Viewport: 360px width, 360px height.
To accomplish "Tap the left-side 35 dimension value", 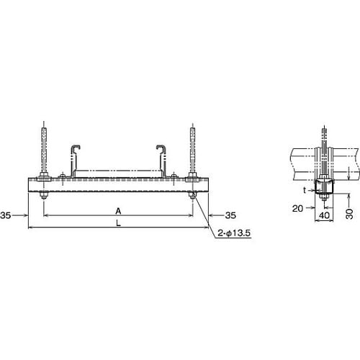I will coord(6,215).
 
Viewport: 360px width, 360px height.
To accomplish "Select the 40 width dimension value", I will coord(324,215).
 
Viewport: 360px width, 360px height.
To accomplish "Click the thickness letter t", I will coord(305,192).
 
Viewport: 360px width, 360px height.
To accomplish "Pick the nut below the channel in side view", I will coord(323,197).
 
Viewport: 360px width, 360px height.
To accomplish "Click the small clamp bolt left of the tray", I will coord(63,174).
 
